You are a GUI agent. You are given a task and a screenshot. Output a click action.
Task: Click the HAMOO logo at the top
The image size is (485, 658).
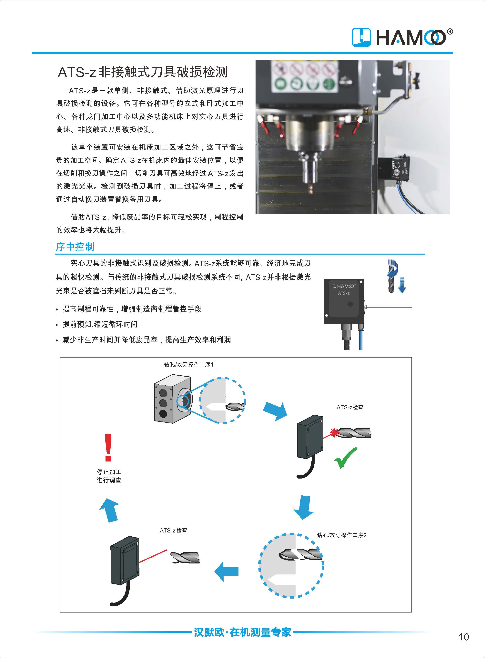402,37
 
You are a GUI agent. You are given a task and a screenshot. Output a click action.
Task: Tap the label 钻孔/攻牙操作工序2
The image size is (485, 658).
342,535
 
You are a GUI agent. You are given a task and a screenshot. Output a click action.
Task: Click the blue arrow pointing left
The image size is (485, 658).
226,571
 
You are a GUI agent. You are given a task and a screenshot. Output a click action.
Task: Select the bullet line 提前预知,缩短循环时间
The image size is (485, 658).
100,324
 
